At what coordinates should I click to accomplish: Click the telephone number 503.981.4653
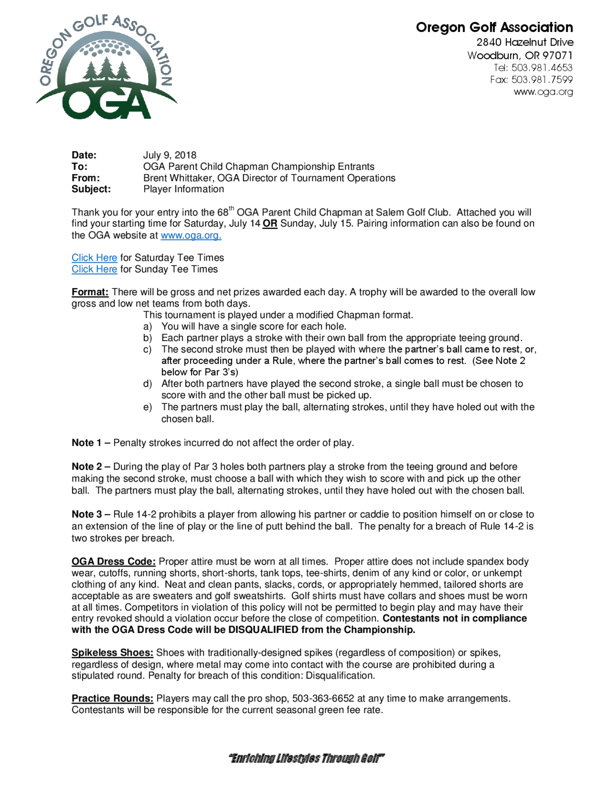pos(541,68)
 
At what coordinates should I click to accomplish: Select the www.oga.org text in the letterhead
pos(543,92)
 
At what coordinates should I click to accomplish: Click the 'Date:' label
pos(84,155)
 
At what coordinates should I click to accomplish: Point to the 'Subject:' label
pos(91,189)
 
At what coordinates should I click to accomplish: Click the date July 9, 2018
pos(170,155)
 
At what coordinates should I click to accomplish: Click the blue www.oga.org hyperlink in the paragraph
pos(191,236)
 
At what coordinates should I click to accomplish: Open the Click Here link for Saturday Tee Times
pos(94,258)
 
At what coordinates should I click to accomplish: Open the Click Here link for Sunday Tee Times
pos(94,269)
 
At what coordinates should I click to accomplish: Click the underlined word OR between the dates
pos(270,224)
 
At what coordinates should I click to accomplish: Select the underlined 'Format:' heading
pos(90,292)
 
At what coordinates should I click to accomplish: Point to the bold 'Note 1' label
pos(86,443)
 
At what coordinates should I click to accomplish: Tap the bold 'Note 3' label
pos(86,514)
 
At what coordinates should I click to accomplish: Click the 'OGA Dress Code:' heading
pos(113,561)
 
